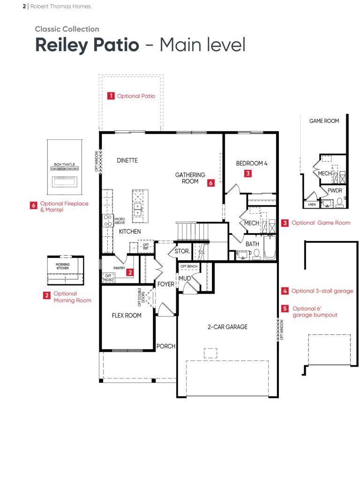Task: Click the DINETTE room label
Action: pos(127,160)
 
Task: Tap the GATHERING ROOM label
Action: pos(190,178)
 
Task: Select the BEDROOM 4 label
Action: pos(252,163)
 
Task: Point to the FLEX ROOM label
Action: pos(127,315)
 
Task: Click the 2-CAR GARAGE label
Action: pos(227,327)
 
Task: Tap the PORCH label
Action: pos(165,346)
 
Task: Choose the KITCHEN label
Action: pos(130,232)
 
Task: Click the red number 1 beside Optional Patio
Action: pos(111,96)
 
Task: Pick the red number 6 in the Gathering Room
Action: pos(210,183)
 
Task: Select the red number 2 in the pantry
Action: pos(130,272)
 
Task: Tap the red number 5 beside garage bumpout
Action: pos(285,309)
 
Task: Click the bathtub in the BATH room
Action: pos(270,248)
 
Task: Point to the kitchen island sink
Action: pos(137,210)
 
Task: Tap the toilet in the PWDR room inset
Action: pos(340,203)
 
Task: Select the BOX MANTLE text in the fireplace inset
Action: pos(64,165)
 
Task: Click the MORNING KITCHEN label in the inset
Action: pos(62,266)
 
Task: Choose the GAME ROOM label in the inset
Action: pos(324,121)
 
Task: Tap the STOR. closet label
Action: pos(182,251)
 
